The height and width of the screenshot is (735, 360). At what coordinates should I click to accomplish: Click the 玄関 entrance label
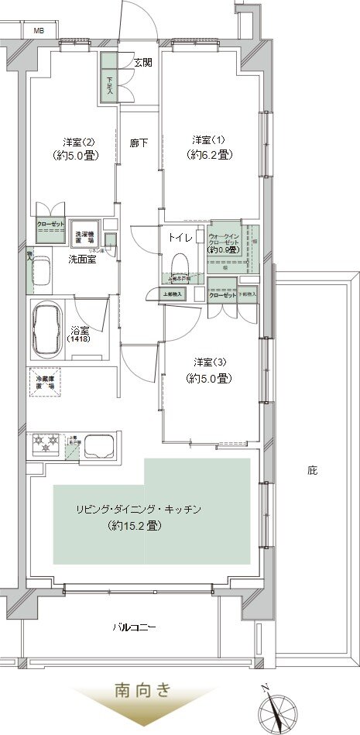pyautogui.click(x=142, y=63)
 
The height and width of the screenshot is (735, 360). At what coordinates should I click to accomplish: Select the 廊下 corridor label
pyautogui.click(x=139, y=143)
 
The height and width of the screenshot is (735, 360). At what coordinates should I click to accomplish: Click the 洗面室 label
pyautogui.click(x=81, y=259)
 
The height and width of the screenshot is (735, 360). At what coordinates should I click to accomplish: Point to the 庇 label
pyautogui.click(x=312, y=469)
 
